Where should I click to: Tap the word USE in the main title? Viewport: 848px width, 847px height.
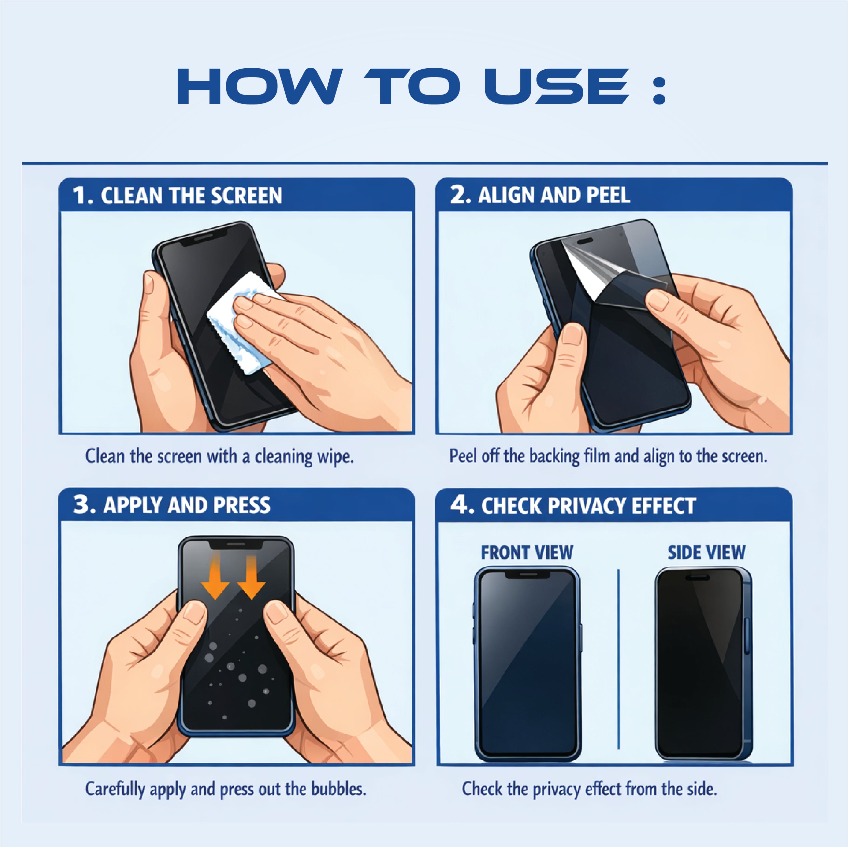(557, 86)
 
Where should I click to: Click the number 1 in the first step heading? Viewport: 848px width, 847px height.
(80, 195)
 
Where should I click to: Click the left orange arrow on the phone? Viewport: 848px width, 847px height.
(215, 576)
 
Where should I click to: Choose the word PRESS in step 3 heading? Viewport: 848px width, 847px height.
(242, 505)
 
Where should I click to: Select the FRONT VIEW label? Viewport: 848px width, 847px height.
(527, 553)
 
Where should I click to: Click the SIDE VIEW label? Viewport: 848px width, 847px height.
(706, 553)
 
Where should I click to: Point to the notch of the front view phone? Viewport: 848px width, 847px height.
(528, 575)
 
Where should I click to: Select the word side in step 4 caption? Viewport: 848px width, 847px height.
(701, 789)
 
